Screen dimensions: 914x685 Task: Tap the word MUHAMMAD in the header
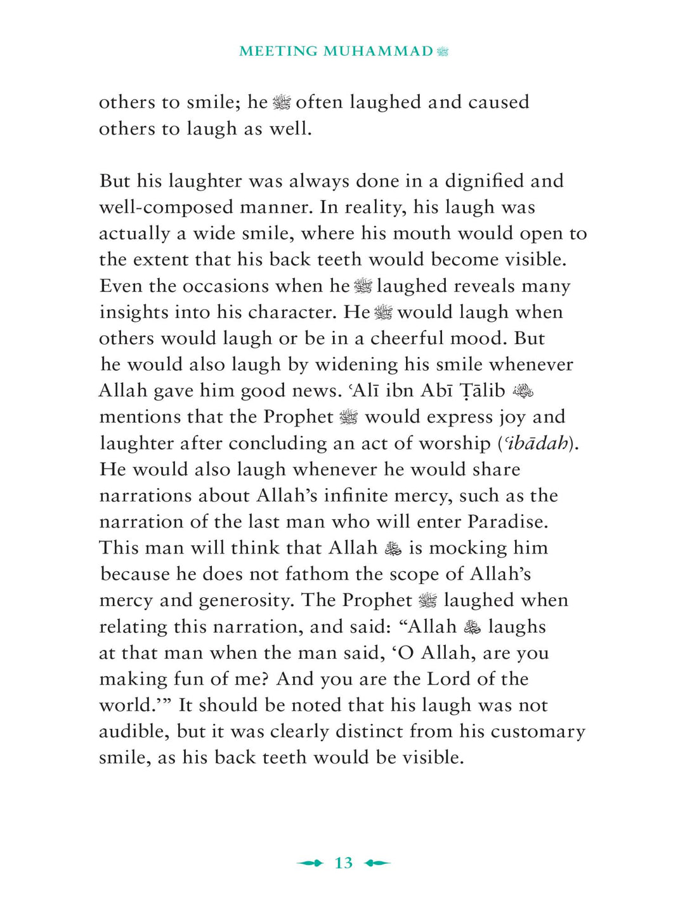point(378,51)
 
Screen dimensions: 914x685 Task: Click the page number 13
point(343,863)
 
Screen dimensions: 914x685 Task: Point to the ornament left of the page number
point(310,863)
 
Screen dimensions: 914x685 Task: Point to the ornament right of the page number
point(378,863)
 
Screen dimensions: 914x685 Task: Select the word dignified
point(485,182)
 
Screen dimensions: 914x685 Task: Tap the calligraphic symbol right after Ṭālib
point(523,392)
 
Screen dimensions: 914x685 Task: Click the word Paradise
point(507,522)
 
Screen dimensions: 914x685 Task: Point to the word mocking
point(464,548)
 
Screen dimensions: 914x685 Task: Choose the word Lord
point(448,679)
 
